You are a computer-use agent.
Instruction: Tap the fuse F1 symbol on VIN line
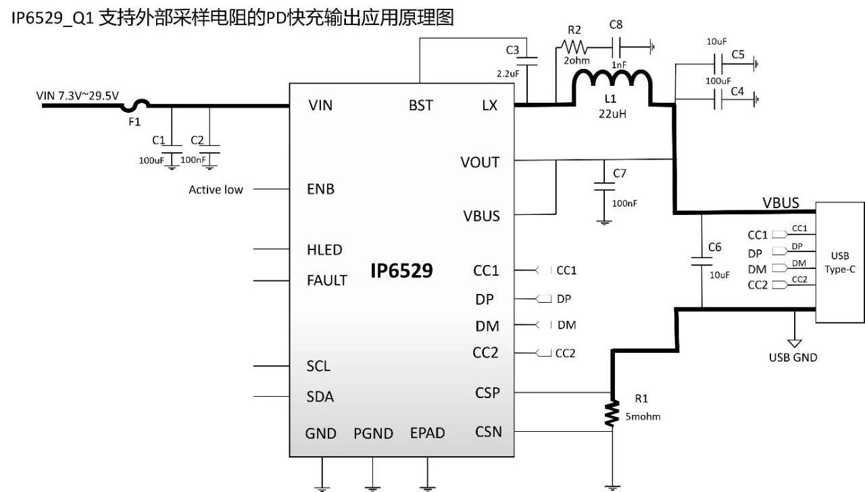[x=135, y=105]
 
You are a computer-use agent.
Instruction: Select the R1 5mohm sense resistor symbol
[x=612, y=413]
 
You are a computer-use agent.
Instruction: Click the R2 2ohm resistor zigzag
[x=573, y=48]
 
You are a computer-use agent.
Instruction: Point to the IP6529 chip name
[x=401, y=271]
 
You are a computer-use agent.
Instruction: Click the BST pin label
[x=421, y=105]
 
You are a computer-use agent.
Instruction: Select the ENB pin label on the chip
[x=320, y=189]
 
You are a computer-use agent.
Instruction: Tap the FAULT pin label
[x=327, y=280]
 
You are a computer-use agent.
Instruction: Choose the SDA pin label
[x=320, y=396]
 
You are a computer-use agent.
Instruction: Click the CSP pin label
[x=487, y=393]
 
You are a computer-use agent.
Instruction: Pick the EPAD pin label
[x=427, y=433]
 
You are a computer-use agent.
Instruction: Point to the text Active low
[x=216, y=190]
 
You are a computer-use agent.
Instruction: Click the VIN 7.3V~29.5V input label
[x=78, y=95]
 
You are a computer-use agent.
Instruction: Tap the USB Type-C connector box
[x=840, y=262]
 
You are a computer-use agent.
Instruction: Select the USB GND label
[x=793, y=357]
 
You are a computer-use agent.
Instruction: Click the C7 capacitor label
[x=620, y=174]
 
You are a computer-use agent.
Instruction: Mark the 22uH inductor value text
[x=612, y=114]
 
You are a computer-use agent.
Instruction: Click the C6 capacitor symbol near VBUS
[x=701, y=260]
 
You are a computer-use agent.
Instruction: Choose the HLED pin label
[x=324, y=249]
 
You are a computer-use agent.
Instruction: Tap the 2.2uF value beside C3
[x=506, y=73]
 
